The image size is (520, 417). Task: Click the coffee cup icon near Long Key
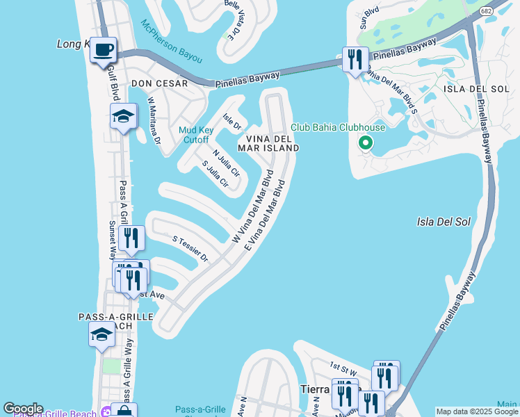(x=103, y=50)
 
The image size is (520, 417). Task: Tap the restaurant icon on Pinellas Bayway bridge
(x=355, y=59)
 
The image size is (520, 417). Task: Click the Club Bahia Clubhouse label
(x=337, y=127)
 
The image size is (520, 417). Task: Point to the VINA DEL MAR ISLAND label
(x=268, y=142)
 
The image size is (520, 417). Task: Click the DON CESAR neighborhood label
(x=159, y=83)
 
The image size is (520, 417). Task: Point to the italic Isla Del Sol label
(x=444, y=222)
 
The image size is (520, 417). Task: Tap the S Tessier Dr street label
(x=190, y=248)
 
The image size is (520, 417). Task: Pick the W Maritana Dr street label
(x=154, y=120)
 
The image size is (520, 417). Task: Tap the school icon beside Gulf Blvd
(x=123, y=116)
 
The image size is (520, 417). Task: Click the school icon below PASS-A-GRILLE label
(x=101, y=334)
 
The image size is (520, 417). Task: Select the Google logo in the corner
(x=22, y=409)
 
